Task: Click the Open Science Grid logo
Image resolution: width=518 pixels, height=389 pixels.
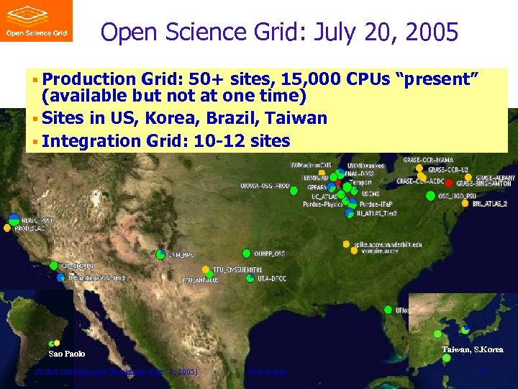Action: (x=36, y=21)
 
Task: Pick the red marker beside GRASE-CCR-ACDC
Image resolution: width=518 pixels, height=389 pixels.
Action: (x=449, y=182)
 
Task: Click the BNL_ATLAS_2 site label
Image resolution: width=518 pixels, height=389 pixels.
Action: (x=489, y=204)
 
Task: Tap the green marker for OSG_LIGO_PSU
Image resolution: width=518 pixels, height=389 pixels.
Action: (x=430, y=195)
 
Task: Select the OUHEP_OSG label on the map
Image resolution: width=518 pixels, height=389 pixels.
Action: (x=269, y=254)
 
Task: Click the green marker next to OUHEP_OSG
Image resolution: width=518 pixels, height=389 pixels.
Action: (x=247, y=254)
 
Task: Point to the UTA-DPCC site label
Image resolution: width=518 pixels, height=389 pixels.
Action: (x=271, y=278)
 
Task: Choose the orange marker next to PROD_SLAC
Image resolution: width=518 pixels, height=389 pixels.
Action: (x=8, y=228)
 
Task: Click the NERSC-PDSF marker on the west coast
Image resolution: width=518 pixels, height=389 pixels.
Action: (x=14, y=219)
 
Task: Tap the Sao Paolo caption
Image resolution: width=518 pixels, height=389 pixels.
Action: (x=66, y=354)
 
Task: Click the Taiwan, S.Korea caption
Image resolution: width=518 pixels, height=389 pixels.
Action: (x=472, y=349)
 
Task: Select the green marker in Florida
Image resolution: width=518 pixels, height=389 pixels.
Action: (x=388, y=310)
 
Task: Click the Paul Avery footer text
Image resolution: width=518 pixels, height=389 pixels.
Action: (x=266, y=372)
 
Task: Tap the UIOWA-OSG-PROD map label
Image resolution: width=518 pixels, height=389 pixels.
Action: (x=264, y=187)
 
